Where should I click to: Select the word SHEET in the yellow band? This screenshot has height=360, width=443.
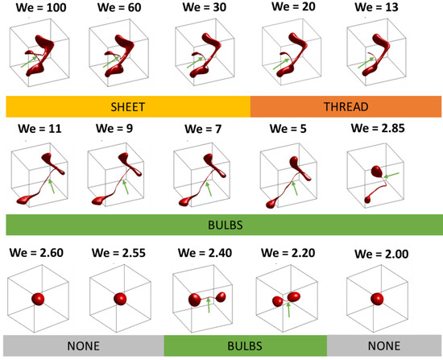point(127,106)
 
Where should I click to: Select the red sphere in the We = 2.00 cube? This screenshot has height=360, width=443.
point(377,300)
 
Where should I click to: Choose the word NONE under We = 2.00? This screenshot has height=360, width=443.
point(379,346)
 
